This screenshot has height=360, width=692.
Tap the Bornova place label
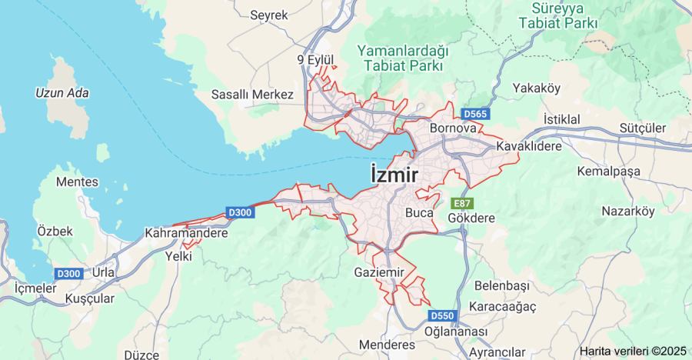pyautogui.click(x=453, y=128)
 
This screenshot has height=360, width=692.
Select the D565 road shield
pyautogui.click(x=476, y=115)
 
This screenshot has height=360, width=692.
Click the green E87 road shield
pyautogui.click(x=461, y=203)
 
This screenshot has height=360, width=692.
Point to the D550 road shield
pyautogui.click(x=442, y=315)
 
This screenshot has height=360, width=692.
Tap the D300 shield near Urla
pyautogui.click(x=68, y=274)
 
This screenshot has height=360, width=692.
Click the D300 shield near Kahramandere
pyautogui.click(x=240, y=213)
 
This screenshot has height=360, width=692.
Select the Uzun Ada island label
pyautogui.click(x=62, y=93)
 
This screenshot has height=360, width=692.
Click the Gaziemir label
pyautogui.click(x=378, y=272)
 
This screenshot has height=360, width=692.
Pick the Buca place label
pyautogui.click(x=419, y=212)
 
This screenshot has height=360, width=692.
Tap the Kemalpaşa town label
pyautogui.click(x=608, y=171)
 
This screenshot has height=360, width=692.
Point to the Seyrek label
pyautogui.click(x=268, y=15)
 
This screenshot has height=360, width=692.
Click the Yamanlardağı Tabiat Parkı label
pyautogui.click(x=402, y=58)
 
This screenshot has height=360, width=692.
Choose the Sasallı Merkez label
pyautogui.click(x=252, y=94)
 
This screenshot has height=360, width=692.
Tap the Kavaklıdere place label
pyautogui.click(x=529, y=145)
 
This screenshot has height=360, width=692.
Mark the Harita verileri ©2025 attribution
pyautogui.click(x=633, y=351)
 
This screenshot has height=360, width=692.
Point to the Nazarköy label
pyautogui.click(x=627, y=210)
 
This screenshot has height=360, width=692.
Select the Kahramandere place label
pyautogui.click(x=187, y=232)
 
